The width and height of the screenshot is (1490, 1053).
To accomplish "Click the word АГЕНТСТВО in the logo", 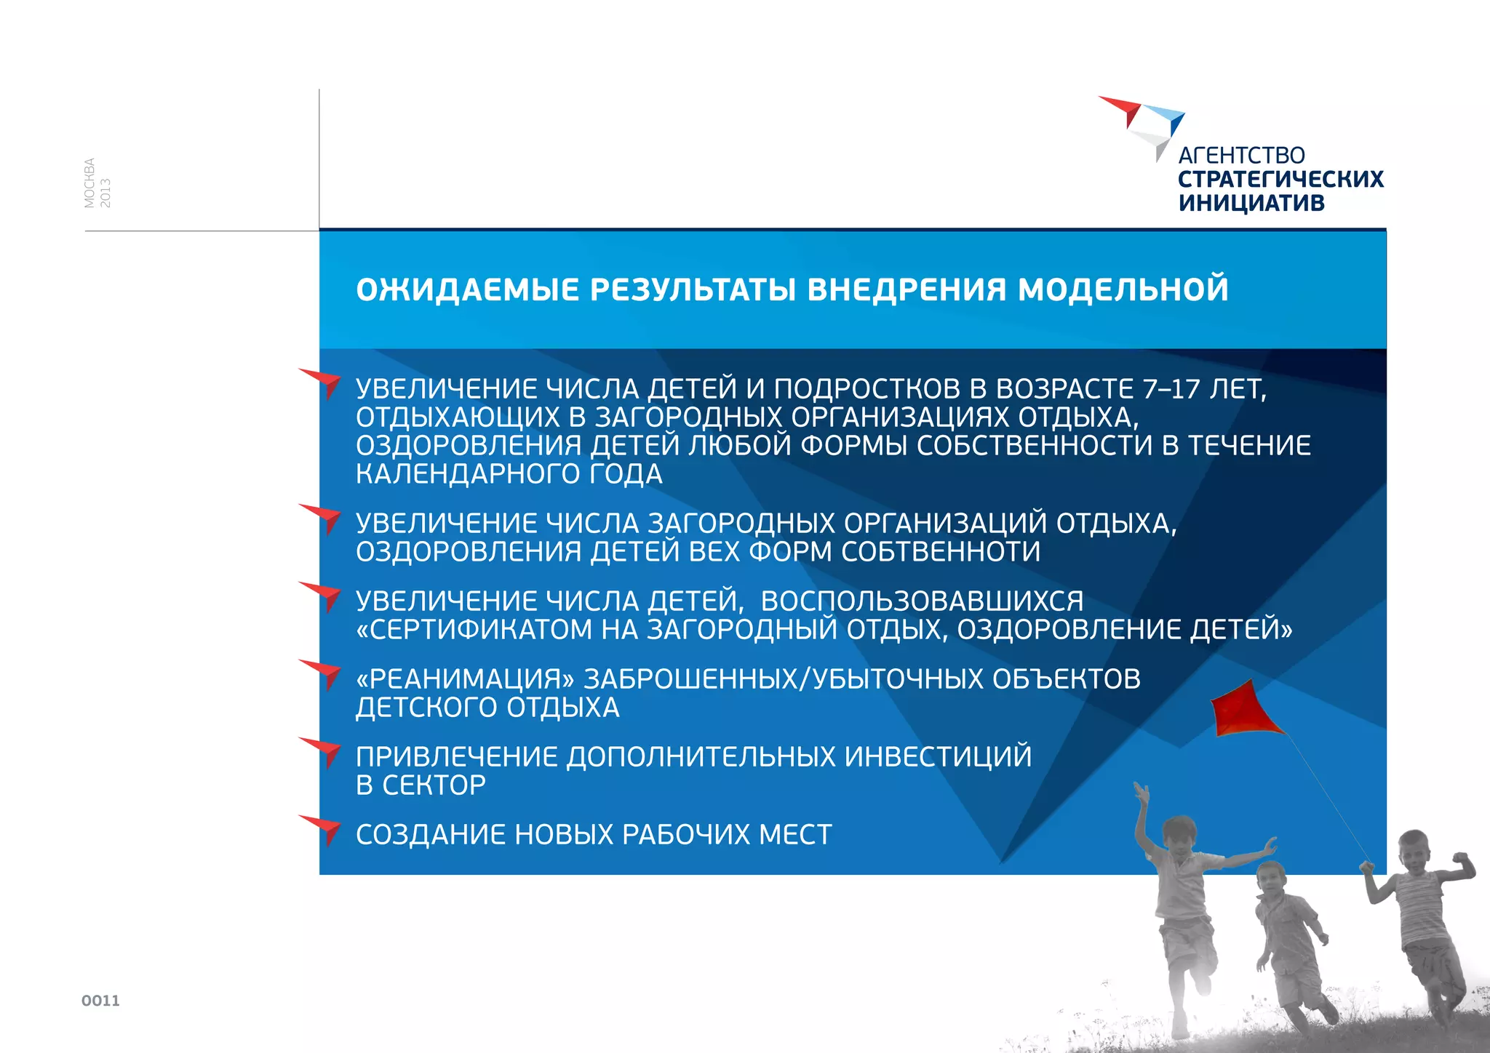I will (1241, 156).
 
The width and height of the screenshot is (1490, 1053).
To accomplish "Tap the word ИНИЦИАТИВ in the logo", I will (1251, 203).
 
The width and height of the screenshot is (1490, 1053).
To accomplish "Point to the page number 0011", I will (100, 1001).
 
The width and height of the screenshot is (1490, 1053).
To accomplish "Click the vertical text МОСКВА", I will (89, 183).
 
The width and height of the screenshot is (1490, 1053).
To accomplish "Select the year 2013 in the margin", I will (105, 193).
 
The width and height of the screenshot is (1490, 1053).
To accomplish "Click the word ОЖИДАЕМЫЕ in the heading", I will (468, 289).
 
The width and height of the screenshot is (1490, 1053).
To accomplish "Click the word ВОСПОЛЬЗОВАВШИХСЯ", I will (922, 601).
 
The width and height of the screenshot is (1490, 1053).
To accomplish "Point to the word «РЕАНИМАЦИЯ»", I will (465, 679).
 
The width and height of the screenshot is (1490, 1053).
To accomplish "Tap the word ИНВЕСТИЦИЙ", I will (938, 757).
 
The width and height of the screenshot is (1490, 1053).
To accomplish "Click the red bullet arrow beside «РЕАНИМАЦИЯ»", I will (324, 672).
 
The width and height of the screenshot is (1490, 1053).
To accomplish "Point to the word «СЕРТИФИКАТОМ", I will (474, 630).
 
